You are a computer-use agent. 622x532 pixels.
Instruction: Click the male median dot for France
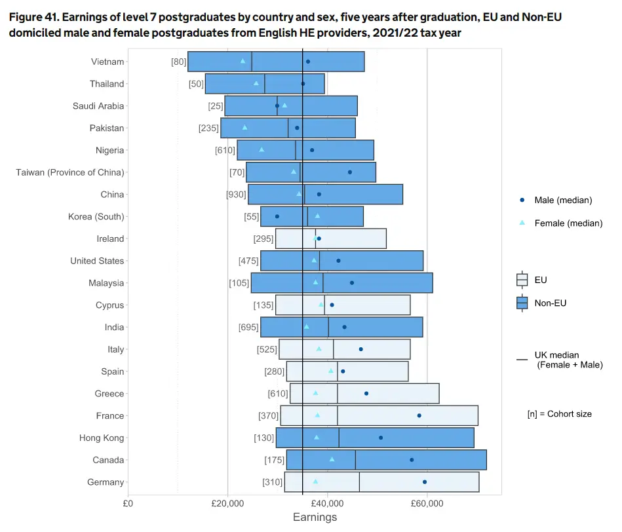419,415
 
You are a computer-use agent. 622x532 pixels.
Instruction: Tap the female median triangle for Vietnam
243,61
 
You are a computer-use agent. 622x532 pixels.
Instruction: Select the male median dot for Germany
425,482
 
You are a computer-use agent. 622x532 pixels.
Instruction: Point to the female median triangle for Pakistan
244,127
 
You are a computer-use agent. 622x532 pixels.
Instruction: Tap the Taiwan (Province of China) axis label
70,172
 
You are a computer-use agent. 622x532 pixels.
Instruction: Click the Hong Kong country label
102,438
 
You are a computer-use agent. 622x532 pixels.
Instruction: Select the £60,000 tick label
427,503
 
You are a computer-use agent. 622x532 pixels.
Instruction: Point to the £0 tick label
128,503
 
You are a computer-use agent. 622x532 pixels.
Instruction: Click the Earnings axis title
315,517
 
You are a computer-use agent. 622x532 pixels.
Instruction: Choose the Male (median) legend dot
522,200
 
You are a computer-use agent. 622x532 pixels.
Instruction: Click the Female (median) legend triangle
522,223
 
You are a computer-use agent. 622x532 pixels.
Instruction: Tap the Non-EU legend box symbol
522,303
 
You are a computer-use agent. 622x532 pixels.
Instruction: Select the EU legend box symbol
522,280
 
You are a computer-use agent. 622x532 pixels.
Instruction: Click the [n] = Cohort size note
559,414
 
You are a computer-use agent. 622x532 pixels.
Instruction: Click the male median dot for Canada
412,459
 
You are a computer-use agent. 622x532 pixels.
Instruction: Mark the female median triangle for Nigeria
262,149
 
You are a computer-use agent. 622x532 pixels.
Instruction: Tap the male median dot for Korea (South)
277,216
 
